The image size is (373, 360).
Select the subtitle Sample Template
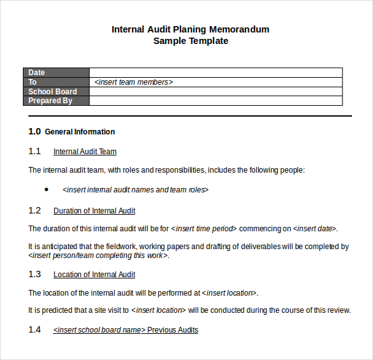[191, 41]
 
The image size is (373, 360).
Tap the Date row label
[37, 73]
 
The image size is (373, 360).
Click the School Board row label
[52, 92]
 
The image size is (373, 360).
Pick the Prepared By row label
[50, 101]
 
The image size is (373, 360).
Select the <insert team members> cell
[134, 82]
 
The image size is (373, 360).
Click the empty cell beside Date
[216, 73]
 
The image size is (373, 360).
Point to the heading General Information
[80, 132]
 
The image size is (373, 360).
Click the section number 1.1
[34, 152]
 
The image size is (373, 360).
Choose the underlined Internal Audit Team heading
[85, 152]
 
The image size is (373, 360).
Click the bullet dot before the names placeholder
[47, 189]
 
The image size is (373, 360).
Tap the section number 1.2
[34, 211]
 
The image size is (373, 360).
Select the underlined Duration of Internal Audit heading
[94, 211]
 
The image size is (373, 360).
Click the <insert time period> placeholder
[204, 229]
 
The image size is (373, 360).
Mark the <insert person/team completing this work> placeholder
[99, 256]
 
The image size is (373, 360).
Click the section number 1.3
[34, 275]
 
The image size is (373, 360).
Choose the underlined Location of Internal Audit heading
[94, 275]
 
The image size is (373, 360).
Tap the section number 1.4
[34, 330]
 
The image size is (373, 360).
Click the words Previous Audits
[173, 330]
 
